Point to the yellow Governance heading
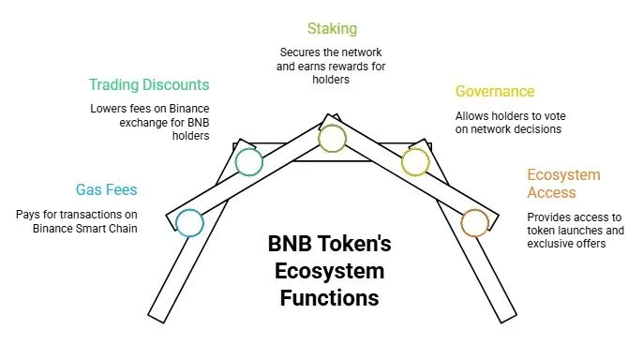pos(495,92)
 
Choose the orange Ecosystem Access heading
pos(563,184)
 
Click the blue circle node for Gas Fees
pos(189,222)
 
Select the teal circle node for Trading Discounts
pos(248,161)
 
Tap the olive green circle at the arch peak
pos(332,139)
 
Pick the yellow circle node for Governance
pos(414,161)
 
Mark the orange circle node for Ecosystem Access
pos(474,222)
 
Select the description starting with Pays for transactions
pos(77,221)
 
